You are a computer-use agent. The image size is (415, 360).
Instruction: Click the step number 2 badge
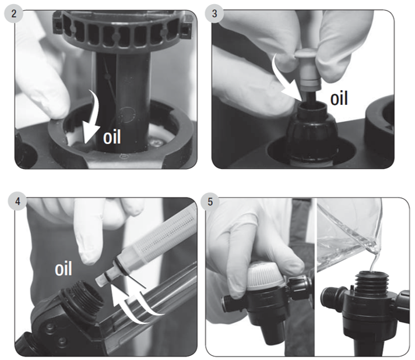[x=13, y=13]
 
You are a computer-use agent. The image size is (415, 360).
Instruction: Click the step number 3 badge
[x=214, y=13]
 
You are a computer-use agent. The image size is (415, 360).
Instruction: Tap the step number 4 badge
[x=17, y=202]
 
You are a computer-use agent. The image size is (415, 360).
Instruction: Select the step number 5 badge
[x=210, y=202]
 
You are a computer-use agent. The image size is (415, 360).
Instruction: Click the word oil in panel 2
[x=112, y=137]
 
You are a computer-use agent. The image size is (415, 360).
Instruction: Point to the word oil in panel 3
[x=339, y=98]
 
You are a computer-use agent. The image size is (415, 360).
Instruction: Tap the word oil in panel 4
[x=64, y=269]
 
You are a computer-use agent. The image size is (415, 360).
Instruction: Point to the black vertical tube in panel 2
[x=122, y=101]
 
